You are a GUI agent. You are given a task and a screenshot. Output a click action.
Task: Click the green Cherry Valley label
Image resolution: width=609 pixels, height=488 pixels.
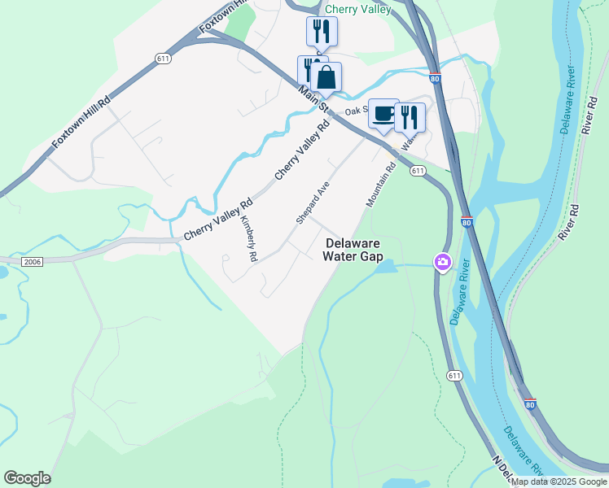point(357,9)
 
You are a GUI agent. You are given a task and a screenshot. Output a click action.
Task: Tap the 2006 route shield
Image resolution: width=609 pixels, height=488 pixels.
point(32,261)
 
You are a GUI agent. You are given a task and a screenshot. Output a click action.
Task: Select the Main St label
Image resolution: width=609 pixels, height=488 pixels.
point(313,99)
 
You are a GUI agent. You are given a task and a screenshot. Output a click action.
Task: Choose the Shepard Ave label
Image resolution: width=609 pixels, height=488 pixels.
point(312,203)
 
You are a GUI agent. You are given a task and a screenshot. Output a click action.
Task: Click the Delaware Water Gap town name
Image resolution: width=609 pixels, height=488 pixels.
point(353,249)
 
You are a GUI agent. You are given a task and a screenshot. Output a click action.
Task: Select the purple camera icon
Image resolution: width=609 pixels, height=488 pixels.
point(443,262)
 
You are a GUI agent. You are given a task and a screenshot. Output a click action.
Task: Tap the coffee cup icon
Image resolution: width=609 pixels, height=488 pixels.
point(383,114)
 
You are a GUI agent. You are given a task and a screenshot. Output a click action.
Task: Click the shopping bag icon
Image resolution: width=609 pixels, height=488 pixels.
point(326,78)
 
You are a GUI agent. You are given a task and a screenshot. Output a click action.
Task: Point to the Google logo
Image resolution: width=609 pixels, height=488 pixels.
point(27,478)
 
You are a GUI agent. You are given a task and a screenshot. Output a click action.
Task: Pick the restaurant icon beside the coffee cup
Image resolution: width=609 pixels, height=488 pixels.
point(410,117)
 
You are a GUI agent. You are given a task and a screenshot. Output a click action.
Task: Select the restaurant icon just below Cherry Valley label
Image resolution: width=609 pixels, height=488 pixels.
point(322,32)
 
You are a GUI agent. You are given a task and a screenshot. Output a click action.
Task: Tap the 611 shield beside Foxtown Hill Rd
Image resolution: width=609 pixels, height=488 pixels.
point(163,58)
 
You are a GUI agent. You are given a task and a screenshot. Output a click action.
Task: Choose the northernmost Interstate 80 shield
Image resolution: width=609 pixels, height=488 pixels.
point(436,79)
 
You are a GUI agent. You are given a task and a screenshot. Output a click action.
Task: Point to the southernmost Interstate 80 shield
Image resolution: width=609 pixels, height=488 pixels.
point(530,403)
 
